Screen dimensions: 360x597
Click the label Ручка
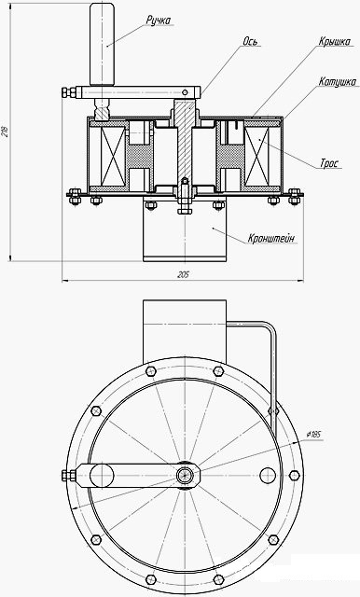tap(159, 21)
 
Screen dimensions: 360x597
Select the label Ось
tap(251, 41)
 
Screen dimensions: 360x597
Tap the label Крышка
tap(335, 41)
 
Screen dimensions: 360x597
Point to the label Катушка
tap(338, 81)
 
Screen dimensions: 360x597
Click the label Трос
tap(329, 164)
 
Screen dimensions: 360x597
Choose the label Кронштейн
tap(271, 239)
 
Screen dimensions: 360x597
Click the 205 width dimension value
tap(183, 275)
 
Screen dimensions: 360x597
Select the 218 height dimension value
tap(5, 132)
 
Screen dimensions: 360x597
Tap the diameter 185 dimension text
tap(313, 435)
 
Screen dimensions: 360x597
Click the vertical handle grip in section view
tap(102, 44)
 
